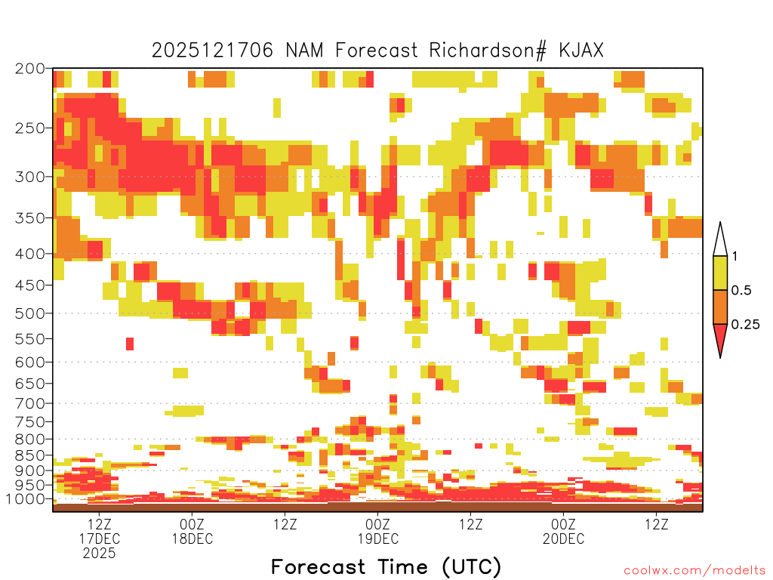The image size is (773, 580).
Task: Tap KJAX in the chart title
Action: click(x=581, y=51)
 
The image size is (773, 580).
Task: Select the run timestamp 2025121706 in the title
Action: click(x=212, y=51)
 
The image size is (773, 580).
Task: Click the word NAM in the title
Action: click(x=304, y=51)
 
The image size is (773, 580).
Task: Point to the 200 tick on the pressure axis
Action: click(x=30, y=69)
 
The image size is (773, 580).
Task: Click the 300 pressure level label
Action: click(x=30, y=177)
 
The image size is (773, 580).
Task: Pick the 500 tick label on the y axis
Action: click(x=30, y=313)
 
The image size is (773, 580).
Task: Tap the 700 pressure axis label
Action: click(x=30, y=403)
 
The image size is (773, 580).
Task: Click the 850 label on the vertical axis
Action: click(x=30, y=455)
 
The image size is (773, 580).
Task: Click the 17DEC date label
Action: click(x=100, y=538)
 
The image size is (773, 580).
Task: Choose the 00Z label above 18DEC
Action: click(x=192, y=524)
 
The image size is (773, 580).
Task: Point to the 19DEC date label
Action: click(x=378, y=538)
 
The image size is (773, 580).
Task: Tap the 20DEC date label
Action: click(x=563, y=538)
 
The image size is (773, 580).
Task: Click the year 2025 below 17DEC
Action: click(x=99, y=554)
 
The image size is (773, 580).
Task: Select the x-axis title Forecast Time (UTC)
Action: click(x=386, y=567)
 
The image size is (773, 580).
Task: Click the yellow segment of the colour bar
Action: click(x=720, y=273)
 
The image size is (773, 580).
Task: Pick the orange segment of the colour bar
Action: click(x=720, y=307)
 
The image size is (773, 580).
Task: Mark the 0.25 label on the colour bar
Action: click(x=745, y=325)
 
